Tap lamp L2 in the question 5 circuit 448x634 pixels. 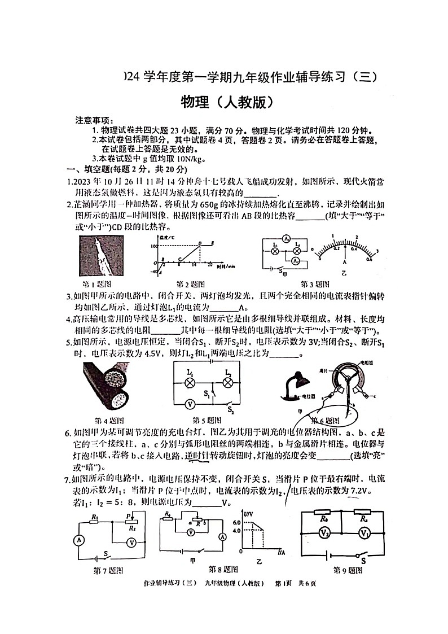click(x=228, y=382)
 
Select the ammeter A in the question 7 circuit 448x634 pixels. click(x=78, y=540)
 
